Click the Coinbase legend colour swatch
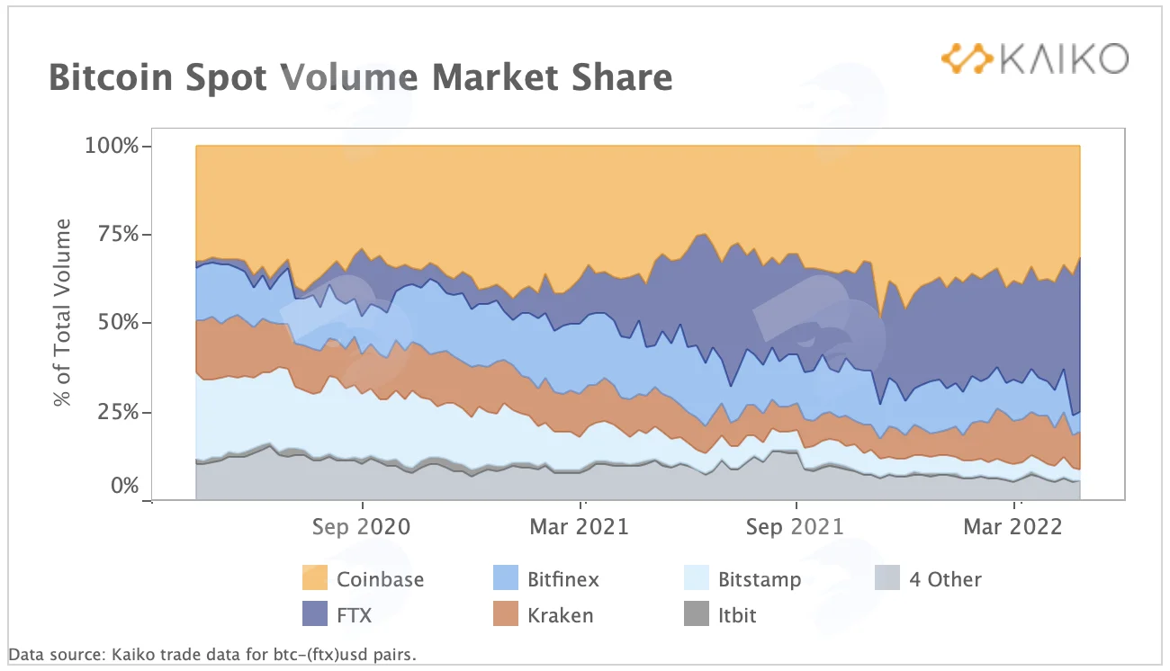pyautogui.click(x=315, y=578)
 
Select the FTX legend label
pyautogui.click(x=354, y=615)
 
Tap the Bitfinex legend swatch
pyautogui.click(x=506, y=578)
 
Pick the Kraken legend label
pyautogui.click(x=561, y=615)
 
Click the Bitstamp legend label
pyautogui.click(x=760, y=579)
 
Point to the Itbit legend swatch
pyautogui.click(x=697, y=613)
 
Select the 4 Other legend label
pyautogui.click(x=945, y=579)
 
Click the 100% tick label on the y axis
pyautogui.click(x=112, y=145)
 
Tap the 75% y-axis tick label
pyautogui.click(x=119, y=234)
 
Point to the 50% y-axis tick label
pyautogui.click(x=119, y=322)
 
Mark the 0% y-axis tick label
pyautogui.click(x=125, y=486)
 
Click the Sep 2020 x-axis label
pyautogui.click(x=362, y=526)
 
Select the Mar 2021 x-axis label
pyautogui.click(x=580, y=526)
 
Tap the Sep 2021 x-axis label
pyautogui.click(x=795, y=526)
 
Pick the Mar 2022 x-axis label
pyautogui.click(x=1012, y=526)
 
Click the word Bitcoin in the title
pyautogui.click(x=111, y=77)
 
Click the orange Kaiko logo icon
pyautogui.click(x=967, y=58)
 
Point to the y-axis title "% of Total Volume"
pyautogui.click(x=61, y=312)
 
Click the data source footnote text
pyautogui.click(x=212, y=654)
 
